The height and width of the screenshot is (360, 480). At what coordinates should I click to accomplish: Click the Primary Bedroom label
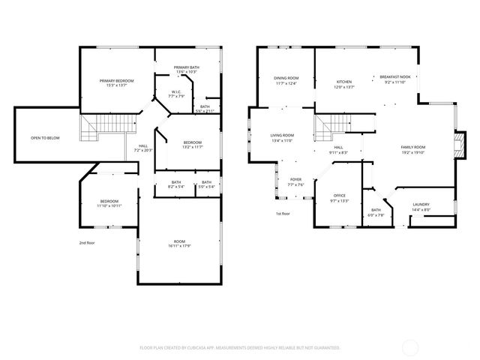[x=118, y=82]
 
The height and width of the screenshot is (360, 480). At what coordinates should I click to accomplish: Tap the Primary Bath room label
[x=186, y=70]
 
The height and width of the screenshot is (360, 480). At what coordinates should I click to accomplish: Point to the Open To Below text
[x=46, y=138]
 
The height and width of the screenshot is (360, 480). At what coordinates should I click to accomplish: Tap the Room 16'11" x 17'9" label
[x=180, y=243]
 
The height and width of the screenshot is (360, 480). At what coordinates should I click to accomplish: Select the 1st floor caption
[x=283, y=214]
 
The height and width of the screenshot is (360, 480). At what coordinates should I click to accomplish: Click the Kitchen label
[x=343, y=84]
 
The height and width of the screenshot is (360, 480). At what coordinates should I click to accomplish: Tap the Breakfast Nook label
[x=394, y=79]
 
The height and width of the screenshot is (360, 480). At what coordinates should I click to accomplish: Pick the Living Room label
[x=281, y=137]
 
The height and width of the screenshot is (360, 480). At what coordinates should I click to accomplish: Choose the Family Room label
[x=412, y=148]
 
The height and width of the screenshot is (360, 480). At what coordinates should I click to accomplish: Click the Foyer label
[x=295, y=181]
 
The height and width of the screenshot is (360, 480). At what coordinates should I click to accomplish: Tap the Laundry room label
[x=421, y=207]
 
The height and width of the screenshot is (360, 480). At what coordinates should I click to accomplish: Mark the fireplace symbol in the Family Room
[x=454, y=145]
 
